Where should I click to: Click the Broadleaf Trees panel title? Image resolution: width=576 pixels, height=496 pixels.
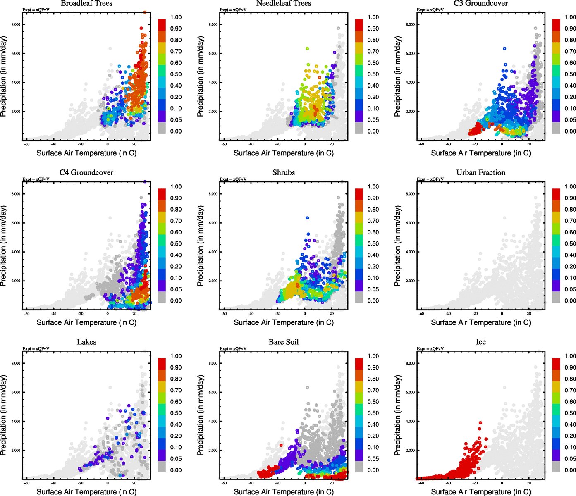pos(86,3)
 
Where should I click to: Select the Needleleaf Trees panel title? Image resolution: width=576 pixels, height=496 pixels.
pos(284,3)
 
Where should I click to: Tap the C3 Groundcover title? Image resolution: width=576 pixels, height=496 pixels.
pos(480,3)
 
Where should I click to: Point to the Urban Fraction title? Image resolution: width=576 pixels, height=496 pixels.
pos(480,173)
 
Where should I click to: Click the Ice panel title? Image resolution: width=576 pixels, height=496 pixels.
pos(480,342)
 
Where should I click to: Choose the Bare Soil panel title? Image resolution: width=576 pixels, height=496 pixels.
pos(284,342)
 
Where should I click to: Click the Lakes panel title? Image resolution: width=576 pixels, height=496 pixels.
pos(86,342)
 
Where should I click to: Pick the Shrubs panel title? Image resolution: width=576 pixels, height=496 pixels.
pos(284,173)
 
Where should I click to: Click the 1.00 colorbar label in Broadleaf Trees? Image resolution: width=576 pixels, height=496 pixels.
pos(176,17)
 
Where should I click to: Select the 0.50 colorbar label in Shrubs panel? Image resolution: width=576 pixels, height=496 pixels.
pos(373,244)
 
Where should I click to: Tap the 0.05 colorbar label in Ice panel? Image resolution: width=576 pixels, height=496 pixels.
pos(570,459)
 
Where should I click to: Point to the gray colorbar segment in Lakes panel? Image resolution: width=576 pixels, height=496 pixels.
pos(162,467)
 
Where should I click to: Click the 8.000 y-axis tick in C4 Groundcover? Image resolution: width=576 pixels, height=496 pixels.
pos(16,194)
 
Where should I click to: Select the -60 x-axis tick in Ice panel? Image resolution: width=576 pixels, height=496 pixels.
pos(421,483)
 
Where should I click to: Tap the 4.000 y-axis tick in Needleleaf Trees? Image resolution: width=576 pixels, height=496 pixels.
pos(213,82)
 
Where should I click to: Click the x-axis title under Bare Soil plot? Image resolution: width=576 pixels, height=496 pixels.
pos(284,492)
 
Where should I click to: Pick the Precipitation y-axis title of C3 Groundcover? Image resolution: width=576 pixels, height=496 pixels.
pos(398,76)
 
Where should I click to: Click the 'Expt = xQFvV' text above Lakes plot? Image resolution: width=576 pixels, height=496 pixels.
pos(36,348)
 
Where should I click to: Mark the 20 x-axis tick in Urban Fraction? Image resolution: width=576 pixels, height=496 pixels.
pos(529,313)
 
